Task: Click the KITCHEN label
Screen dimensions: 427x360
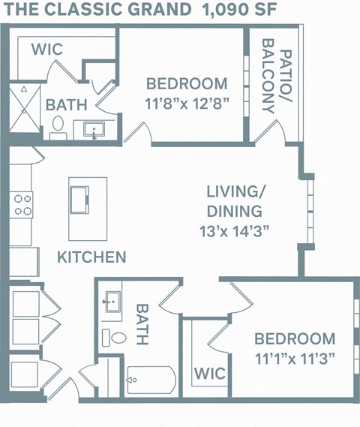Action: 91,257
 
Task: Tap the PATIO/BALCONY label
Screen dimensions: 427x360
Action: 276,80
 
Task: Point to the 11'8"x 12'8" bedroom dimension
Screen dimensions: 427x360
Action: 187,102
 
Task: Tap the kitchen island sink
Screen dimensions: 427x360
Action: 79,200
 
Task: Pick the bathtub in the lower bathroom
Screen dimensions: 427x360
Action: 150,381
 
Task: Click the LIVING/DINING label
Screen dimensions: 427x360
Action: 235,200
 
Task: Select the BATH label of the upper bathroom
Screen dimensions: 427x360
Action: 66,105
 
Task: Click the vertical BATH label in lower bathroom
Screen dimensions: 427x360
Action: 142,324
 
